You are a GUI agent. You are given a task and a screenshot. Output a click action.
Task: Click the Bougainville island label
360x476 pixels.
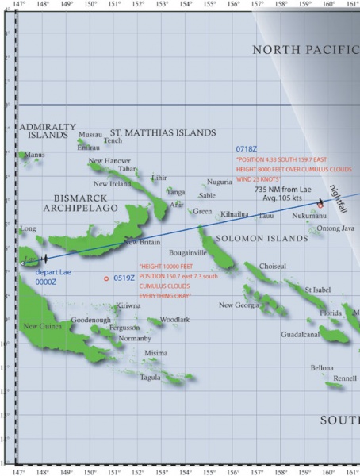(188, 251)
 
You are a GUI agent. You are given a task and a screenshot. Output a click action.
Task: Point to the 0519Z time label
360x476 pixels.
(124, 278)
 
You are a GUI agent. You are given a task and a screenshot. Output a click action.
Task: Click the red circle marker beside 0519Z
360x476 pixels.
(106, 278)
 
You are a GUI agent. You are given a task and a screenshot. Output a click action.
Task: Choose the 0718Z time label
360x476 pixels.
(246, 149)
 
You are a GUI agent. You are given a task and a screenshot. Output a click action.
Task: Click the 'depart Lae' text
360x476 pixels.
(52, 271)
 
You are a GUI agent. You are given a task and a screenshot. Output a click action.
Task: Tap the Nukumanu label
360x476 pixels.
(308, 216)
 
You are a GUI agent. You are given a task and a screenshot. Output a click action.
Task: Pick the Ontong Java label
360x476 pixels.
(335, 228)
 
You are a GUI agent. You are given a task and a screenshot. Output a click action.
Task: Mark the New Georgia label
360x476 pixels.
(239, 305)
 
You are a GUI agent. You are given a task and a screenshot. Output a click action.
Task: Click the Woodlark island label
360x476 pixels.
(174, 319)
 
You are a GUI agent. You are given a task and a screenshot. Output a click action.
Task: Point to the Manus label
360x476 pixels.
(35, 155)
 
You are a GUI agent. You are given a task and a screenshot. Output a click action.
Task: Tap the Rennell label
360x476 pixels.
(345, 378)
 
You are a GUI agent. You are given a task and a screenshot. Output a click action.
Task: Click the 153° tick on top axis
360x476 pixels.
(161, 4)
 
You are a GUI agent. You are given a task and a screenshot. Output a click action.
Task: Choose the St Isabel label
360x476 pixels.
(317, 290)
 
